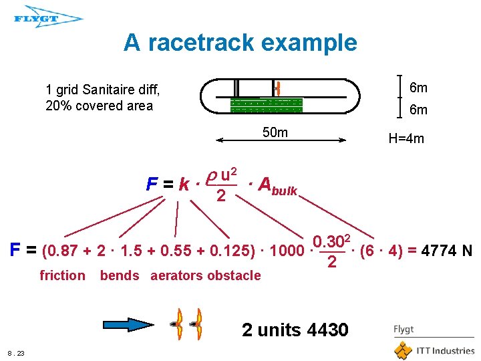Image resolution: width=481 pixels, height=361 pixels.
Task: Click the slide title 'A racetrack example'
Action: [x=240, y=43]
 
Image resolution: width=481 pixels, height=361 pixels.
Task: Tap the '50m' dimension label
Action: [x=275, y=132]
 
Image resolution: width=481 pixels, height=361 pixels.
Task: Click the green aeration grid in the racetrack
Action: [x=267, y=106]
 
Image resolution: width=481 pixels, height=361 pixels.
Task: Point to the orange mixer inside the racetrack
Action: [x=276, y=88]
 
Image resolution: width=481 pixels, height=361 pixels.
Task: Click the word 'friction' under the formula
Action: [x=63, y=275]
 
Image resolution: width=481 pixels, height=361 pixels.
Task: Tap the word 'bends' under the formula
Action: [x=120, y=275]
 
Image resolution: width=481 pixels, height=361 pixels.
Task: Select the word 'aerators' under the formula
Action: [x=177, y=275]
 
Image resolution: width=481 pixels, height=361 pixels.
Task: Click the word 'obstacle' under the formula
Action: [x=234, y=275]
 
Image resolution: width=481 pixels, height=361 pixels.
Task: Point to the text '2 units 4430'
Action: [x=295, y=330]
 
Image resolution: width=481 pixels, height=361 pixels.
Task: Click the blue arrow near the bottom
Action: [x=131, y=325]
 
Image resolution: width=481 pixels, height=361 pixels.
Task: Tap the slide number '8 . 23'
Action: [x=16, y=353]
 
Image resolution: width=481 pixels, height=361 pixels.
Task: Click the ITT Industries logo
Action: [x=434, y=350]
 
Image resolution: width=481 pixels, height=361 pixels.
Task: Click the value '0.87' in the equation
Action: [x=59, y=251]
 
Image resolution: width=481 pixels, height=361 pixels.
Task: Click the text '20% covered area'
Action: [x=99, y=106]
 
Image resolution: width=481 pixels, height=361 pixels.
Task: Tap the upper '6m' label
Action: [x=418, y=88]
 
